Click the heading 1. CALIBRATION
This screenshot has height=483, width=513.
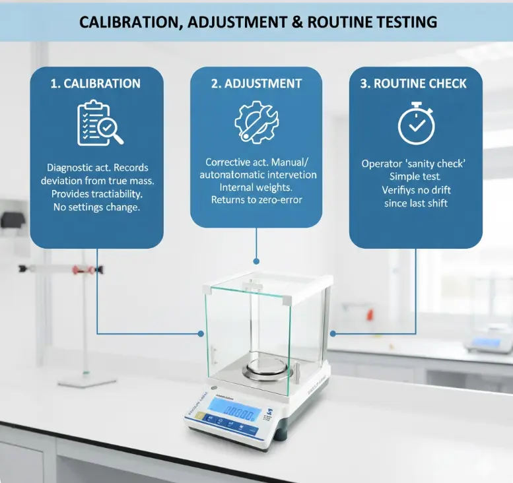[96, 84]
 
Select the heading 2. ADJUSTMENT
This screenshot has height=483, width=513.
[256, 84]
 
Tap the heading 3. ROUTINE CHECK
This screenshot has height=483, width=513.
[416, 84]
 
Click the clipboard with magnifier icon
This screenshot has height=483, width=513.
[99, 123]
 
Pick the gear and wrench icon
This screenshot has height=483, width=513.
[256, 122]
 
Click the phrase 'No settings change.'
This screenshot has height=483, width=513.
[96, 208]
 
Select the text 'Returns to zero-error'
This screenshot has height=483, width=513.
[256, 200]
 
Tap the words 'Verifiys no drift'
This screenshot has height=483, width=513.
[416, 190]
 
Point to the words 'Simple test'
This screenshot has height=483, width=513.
[416, 177]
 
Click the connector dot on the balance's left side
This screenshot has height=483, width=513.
[201, 333]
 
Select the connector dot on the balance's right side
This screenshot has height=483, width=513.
[331, 333]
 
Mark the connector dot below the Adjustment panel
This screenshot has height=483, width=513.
[256, 261]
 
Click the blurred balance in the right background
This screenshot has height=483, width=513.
[488, 342]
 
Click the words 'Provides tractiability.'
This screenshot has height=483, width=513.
[96, 195]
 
